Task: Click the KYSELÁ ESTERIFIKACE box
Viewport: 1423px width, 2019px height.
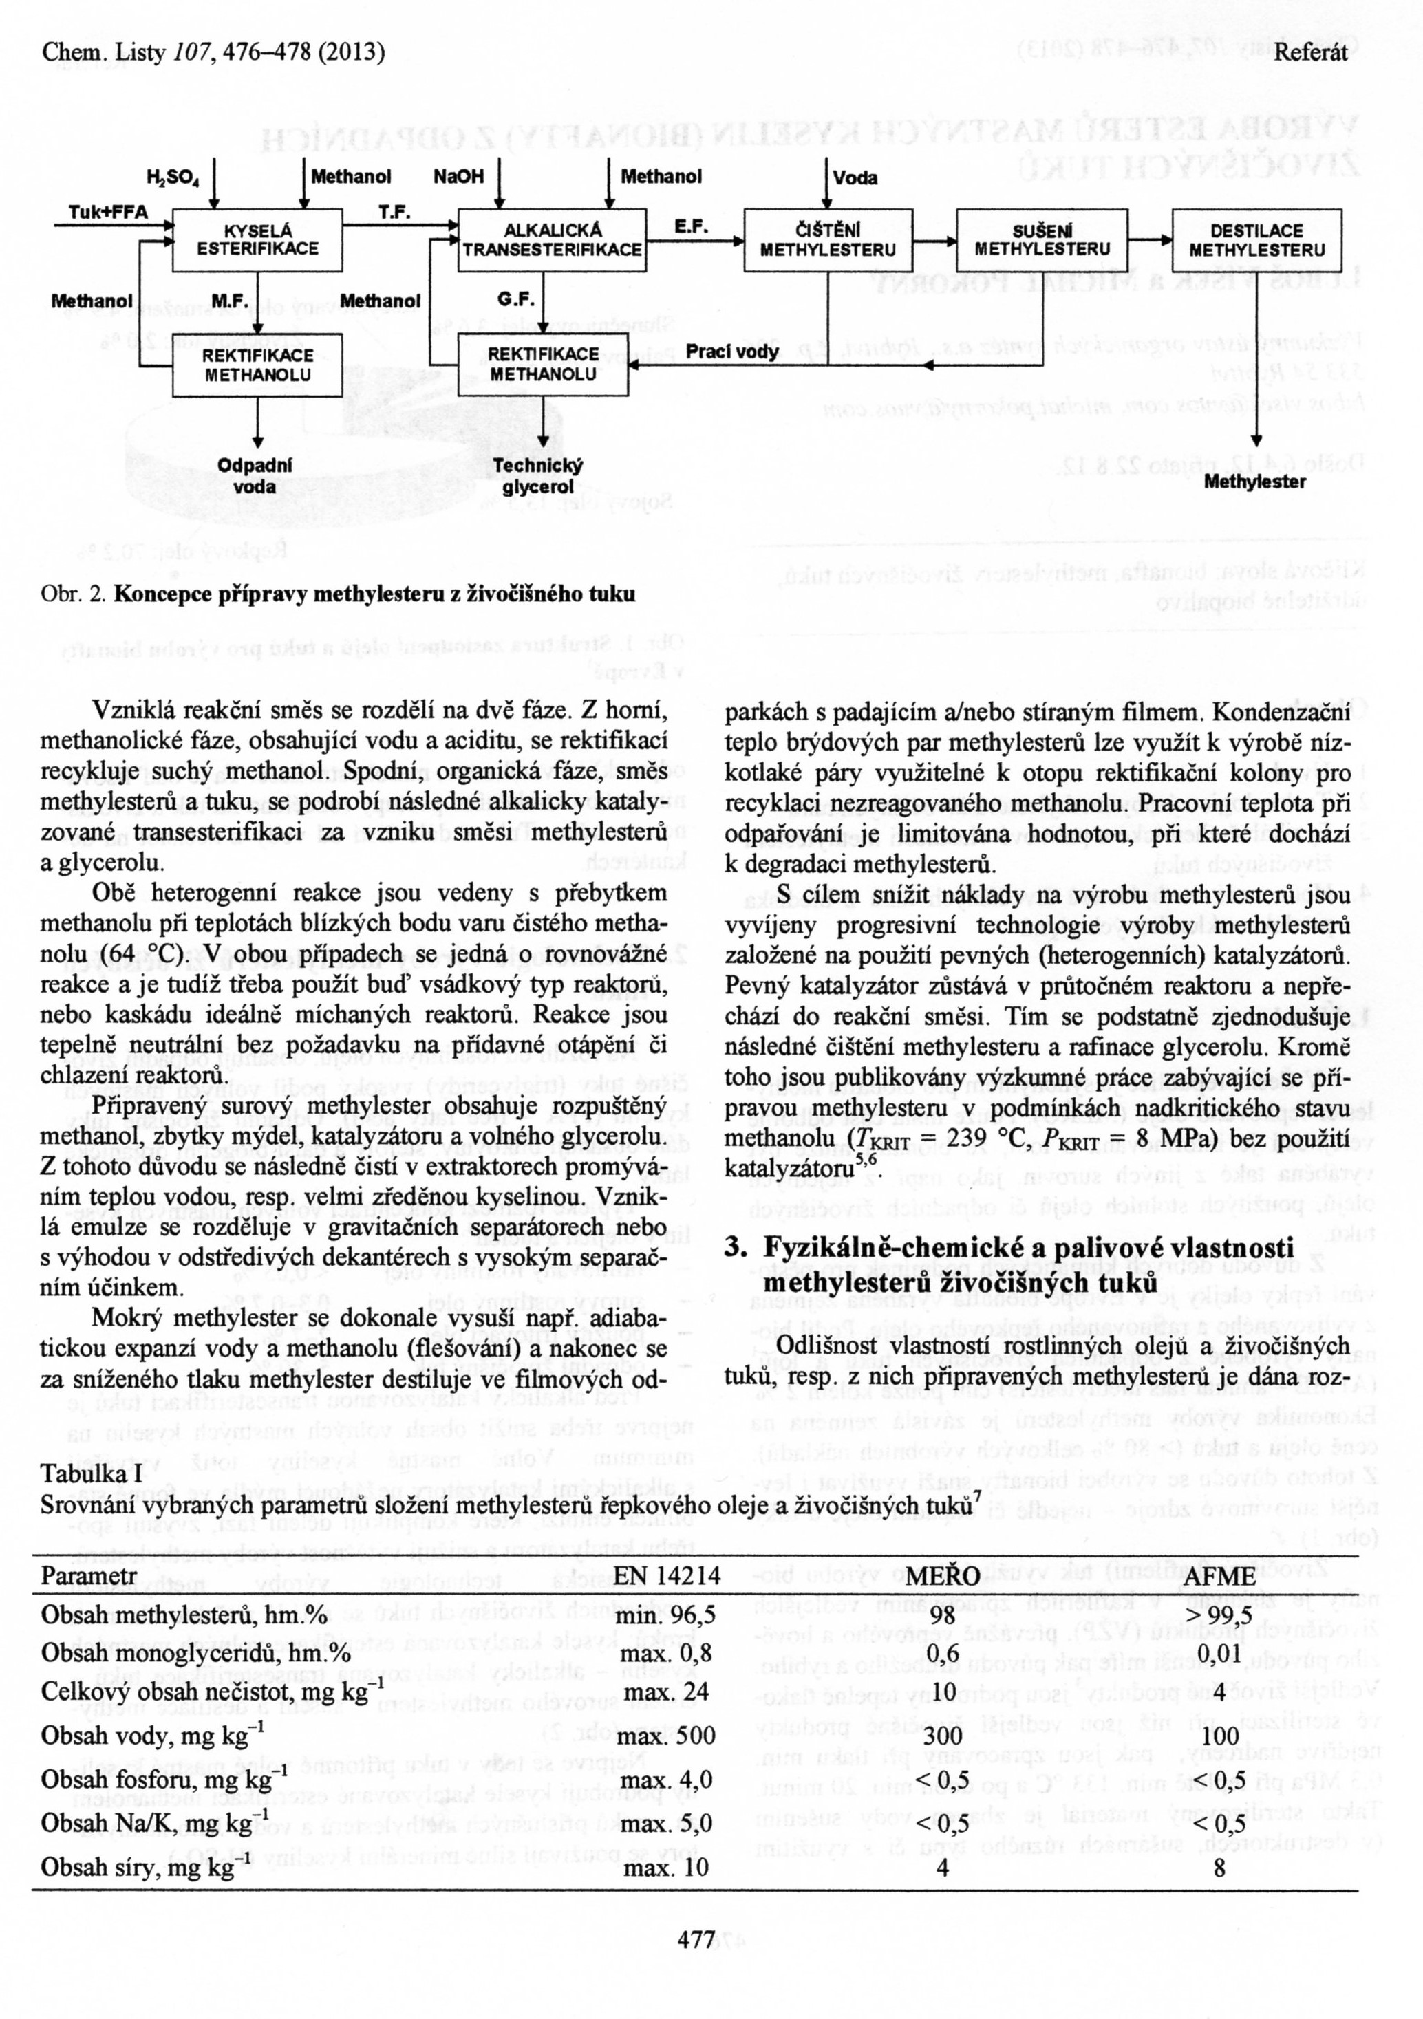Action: (257, 240)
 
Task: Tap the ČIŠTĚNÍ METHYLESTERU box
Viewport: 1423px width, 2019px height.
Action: (828, 240)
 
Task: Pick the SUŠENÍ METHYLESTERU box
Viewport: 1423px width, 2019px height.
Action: (1042, 240)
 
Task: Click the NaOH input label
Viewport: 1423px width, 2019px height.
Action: (458, 177)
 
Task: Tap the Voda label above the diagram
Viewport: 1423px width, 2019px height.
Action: (856, 177)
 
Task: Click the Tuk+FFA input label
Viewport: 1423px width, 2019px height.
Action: (108, 212)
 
